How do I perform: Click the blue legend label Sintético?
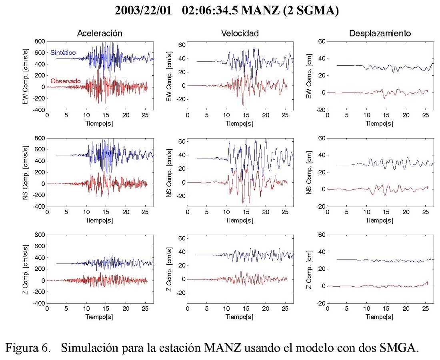[x=63, y=52]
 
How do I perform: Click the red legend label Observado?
[x=66, y=81]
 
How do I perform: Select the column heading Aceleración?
[x=100, y=34]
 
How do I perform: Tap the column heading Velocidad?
[x=240, y=34]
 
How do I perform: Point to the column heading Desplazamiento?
[x=380, y=34]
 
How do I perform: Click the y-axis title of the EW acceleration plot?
[x=26, y=76]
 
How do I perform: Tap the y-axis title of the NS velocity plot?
[x=170, y=173]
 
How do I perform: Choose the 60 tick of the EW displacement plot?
[x=320, y=41]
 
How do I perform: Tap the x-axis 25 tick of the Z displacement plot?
[x=426, y=309]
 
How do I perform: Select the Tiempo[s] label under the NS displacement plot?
[x=380, y=221]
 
